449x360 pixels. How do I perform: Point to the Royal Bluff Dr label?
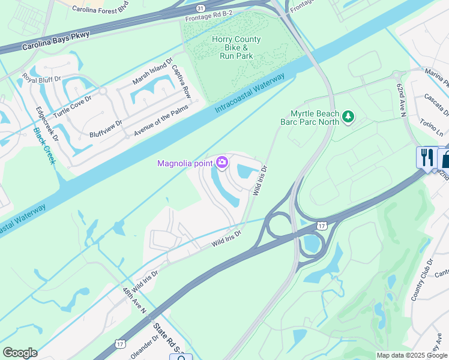42,79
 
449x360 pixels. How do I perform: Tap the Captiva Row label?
181,82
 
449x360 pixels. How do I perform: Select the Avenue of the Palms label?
161,119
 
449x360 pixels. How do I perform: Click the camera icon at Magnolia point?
222,163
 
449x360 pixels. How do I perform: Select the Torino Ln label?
431,125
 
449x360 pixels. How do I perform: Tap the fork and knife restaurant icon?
427,158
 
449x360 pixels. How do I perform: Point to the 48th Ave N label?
135,301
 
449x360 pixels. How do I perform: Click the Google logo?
20,353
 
